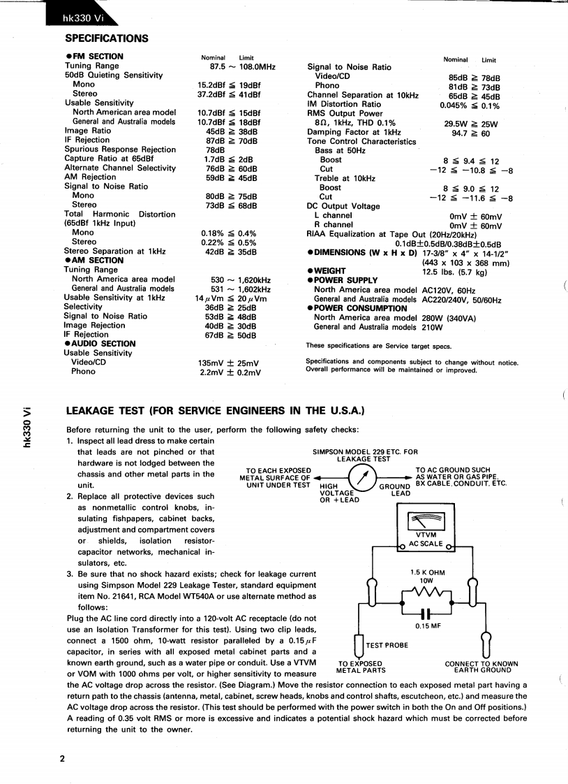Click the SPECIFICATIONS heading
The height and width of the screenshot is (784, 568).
(107, 38)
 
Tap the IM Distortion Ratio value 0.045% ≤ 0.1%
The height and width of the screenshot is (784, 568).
(470, 106)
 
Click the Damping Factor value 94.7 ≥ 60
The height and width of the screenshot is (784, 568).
(471, 133)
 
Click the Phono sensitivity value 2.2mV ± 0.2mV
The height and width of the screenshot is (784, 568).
(230, 372)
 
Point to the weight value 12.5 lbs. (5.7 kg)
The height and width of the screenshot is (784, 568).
(455, 271)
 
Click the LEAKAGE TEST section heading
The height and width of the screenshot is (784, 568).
(215, 410)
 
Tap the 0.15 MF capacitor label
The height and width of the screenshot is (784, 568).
(427, 625)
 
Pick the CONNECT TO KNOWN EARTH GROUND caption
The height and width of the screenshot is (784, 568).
(481, 667)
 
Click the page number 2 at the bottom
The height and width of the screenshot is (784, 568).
(62, 760)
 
